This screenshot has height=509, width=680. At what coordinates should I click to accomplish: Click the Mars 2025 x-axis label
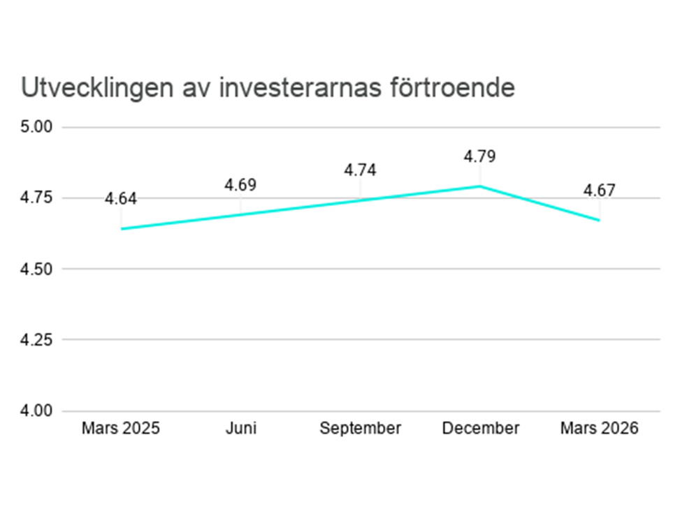(120, 428)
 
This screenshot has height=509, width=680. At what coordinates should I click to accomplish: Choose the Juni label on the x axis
(240, 428)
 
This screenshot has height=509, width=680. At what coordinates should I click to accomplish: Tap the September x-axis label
(360, 428)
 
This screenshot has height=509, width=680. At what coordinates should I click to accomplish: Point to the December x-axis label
(480, 428)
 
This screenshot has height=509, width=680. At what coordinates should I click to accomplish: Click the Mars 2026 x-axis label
(599, 428)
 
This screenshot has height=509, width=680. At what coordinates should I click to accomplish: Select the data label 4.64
(121, 199)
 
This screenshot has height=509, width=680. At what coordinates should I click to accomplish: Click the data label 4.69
(240, 185)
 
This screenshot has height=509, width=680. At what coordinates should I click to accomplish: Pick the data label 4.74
(360, 170)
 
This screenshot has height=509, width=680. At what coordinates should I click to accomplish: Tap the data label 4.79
(480, 156)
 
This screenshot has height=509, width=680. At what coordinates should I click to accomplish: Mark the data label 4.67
(600, 191)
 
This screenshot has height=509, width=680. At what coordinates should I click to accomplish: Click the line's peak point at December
(480, 186)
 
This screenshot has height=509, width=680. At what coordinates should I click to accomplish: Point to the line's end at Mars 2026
(599, 220)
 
